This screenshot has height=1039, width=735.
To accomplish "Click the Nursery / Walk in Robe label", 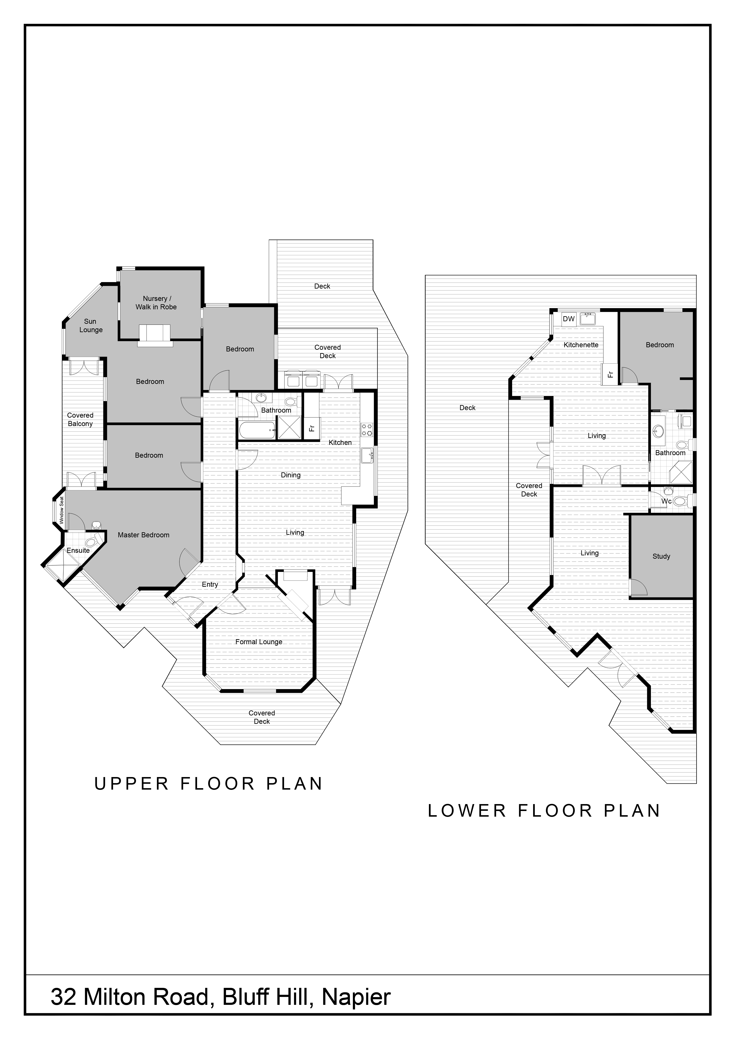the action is (156, 303).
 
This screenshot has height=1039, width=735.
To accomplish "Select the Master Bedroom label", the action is (143, 535).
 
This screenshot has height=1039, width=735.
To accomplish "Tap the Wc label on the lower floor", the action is (666, 501).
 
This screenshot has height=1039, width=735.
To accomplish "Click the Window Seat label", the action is (62, 510).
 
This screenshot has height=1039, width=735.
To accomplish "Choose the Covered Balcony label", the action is (80, 420).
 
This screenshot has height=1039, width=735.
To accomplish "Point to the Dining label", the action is (291, 475).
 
